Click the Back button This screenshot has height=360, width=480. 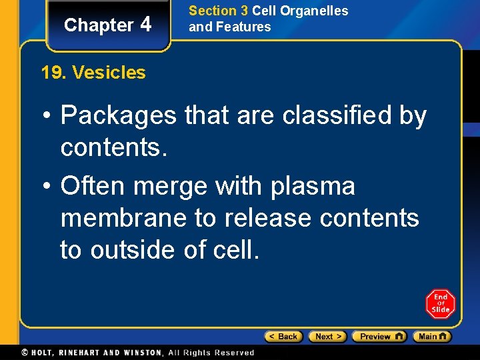[x=283, y=337]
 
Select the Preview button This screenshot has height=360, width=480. [x=379, y=337]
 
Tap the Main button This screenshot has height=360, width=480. [x=431, y=337]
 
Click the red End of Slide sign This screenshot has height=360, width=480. [x=440, y=304]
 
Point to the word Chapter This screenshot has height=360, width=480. [x=99, y=25]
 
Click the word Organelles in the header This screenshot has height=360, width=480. [x=315, y=11]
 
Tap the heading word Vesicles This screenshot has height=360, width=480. [x=109, y=73]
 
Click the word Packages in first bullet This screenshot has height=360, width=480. [x=118, y=116]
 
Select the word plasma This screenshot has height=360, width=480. [x=313, y=186]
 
